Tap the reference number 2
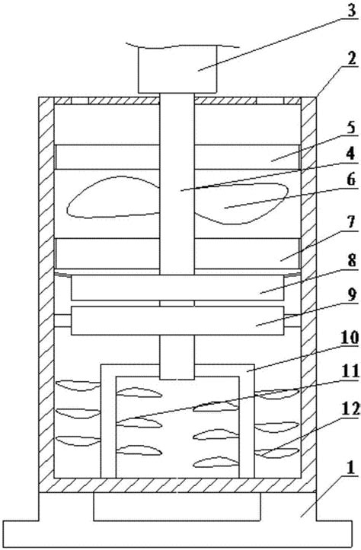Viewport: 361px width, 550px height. pos(351,59)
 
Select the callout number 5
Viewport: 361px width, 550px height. pos(351,127)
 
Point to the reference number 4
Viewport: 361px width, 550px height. pos(350,153)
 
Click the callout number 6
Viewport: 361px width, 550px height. pos(351,180)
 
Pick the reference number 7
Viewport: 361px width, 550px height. pos(351,222)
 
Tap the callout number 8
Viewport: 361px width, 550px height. pos(351,261)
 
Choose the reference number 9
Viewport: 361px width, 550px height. pos(351,295)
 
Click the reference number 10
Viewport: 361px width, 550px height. pos(348,337)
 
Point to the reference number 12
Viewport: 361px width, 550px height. pos(350,409)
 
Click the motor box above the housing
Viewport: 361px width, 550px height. pos(177,69)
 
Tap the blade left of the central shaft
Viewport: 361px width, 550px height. pos(113,197)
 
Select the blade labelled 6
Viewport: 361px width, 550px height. pos(241,203)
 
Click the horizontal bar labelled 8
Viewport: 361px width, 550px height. pos(177,288)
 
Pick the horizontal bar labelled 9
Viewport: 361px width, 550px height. pos(177,320)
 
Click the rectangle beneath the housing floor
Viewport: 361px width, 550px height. pos(177,507)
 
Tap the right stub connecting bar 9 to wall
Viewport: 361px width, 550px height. pos(292,320)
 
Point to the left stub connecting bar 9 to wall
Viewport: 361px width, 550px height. pos(62,320)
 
